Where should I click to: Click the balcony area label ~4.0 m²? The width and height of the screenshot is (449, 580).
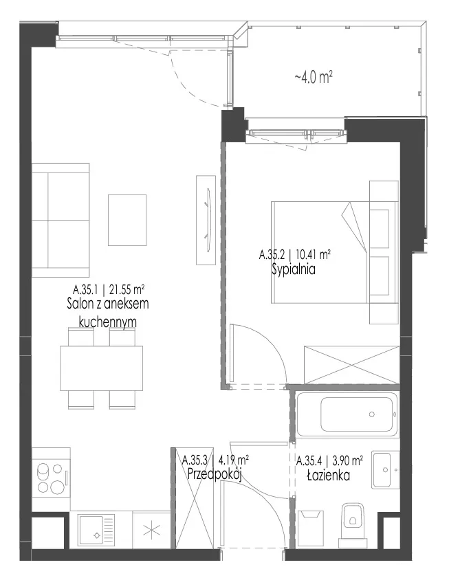point(313,78)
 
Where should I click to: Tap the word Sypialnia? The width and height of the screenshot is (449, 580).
point(294,269)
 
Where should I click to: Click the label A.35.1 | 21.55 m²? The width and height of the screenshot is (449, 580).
point(109,288)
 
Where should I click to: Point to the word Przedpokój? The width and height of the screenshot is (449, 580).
point(215,474)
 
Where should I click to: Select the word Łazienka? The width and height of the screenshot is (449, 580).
point(329,475)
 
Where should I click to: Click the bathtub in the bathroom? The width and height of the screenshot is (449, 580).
point(347,414)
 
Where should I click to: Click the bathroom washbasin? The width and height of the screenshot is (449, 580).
point(386,470)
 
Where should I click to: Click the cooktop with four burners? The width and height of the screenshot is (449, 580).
point(51,478)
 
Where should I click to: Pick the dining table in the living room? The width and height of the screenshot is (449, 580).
point(102,368)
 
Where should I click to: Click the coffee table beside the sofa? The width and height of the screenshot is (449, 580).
point(127,220)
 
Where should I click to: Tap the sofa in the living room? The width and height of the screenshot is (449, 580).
point(61,220)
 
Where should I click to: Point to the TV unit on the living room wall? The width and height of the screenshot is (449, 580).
point(206,220)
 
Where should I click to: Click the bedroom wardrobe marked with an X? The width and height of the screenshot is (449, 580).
point(351,365)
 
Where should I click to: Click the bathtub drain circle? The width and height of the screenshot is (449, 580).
point(371,414)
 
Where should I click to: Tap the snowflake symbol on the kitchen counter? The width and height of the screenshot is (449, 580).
point(151,531)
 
